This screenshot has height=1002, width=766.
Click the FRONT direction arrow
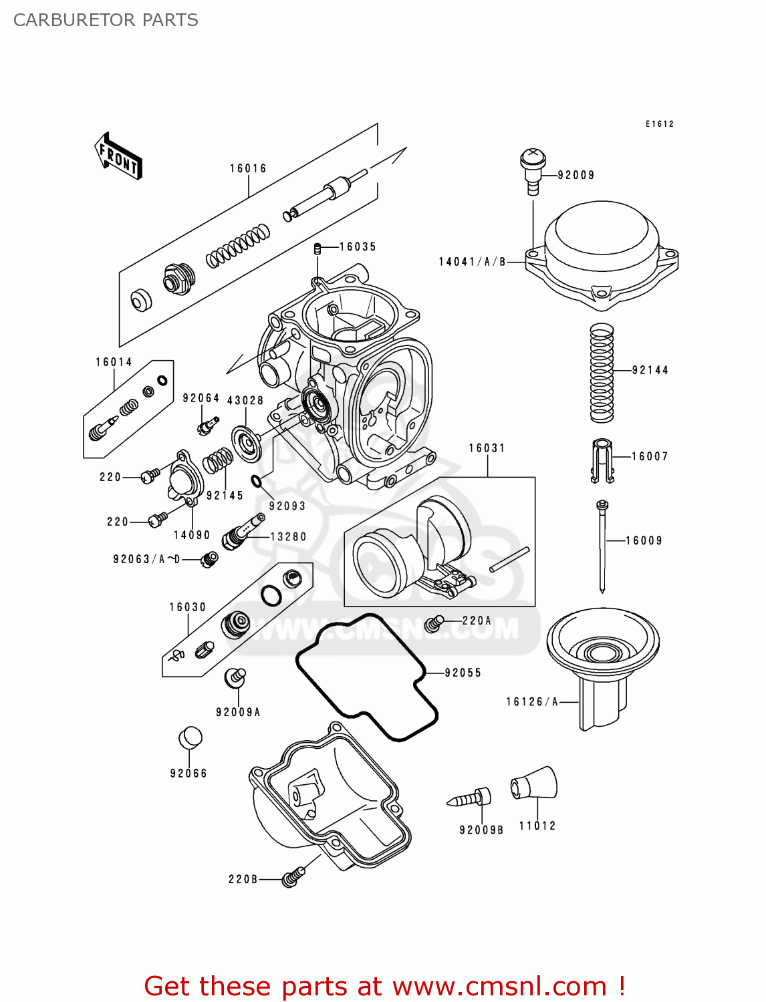tap(118, 157)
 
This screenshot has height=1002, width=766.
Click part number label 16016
tap(248, 168)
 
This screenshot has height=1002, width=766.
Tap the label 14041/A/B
tap(472, 262)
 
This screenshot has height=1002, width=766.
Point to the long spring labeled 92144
tap(602, 372)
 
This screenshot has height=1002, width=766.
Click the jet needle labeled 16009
tap(602, 544)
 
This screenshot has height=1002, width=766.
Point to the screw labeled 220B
tap(292, 876)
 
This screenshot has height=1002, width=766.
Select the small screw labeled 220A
tap(434, 623)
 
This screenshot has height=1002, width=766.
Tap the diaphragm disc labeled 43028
tap(247, 444)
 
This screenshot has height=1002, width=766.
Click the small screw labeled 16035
tap(318, 248)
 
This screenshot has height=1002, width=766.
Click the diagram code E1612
tap(659, 124)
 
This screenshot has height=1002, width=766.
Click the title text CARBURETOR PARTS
tap(106, 20)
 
